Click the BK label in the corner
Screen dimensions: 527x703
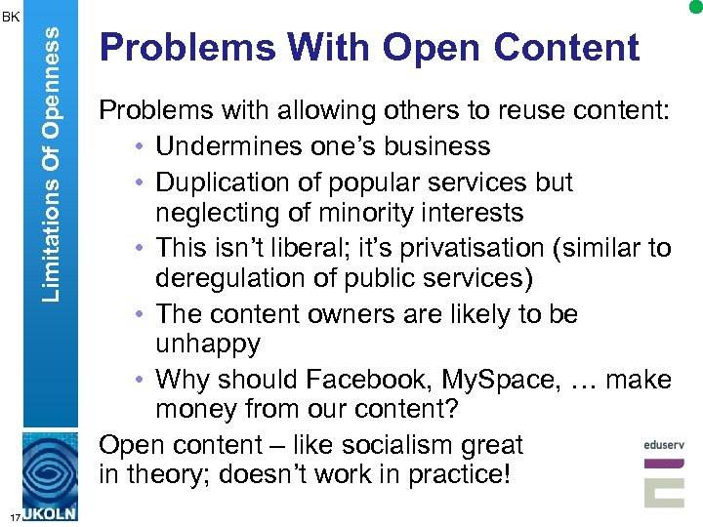11,17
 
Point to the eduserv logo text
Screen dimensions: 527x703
664,445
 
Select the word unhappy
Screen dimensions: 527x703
207,344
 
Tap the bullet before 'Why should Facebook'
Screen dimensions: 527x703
142,379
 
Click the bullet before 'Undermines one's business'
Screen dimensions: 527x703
142,147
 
